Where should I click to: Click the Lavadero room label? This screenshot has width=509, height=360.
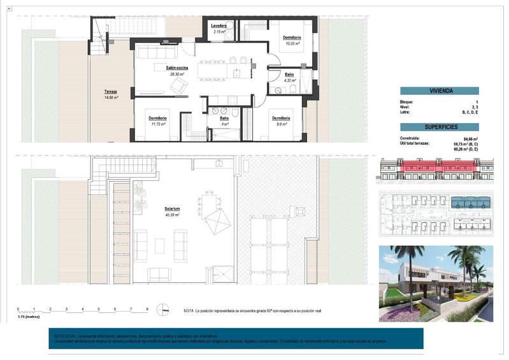point(220,26)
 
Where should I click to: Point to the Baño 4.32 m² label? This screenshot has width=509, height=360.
point(290,77)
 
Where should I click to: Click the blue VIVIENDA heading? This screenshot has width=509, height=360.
point(441,91)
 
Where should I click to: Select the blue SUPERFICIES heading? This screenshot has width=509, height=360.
point(441,127)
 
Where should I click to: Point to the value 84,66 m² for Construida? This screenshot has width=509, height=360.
point(471,138)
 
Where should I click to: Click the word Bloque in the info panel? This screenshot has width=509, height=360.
point(407,102)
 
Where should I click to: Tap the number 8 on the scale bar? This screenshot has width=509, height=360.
point(147,308)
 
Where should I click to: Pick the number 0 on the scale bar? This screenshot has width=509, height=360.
point(18,308)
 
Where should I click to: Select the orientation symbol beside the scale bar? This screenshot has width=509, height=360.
point(164,310)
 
